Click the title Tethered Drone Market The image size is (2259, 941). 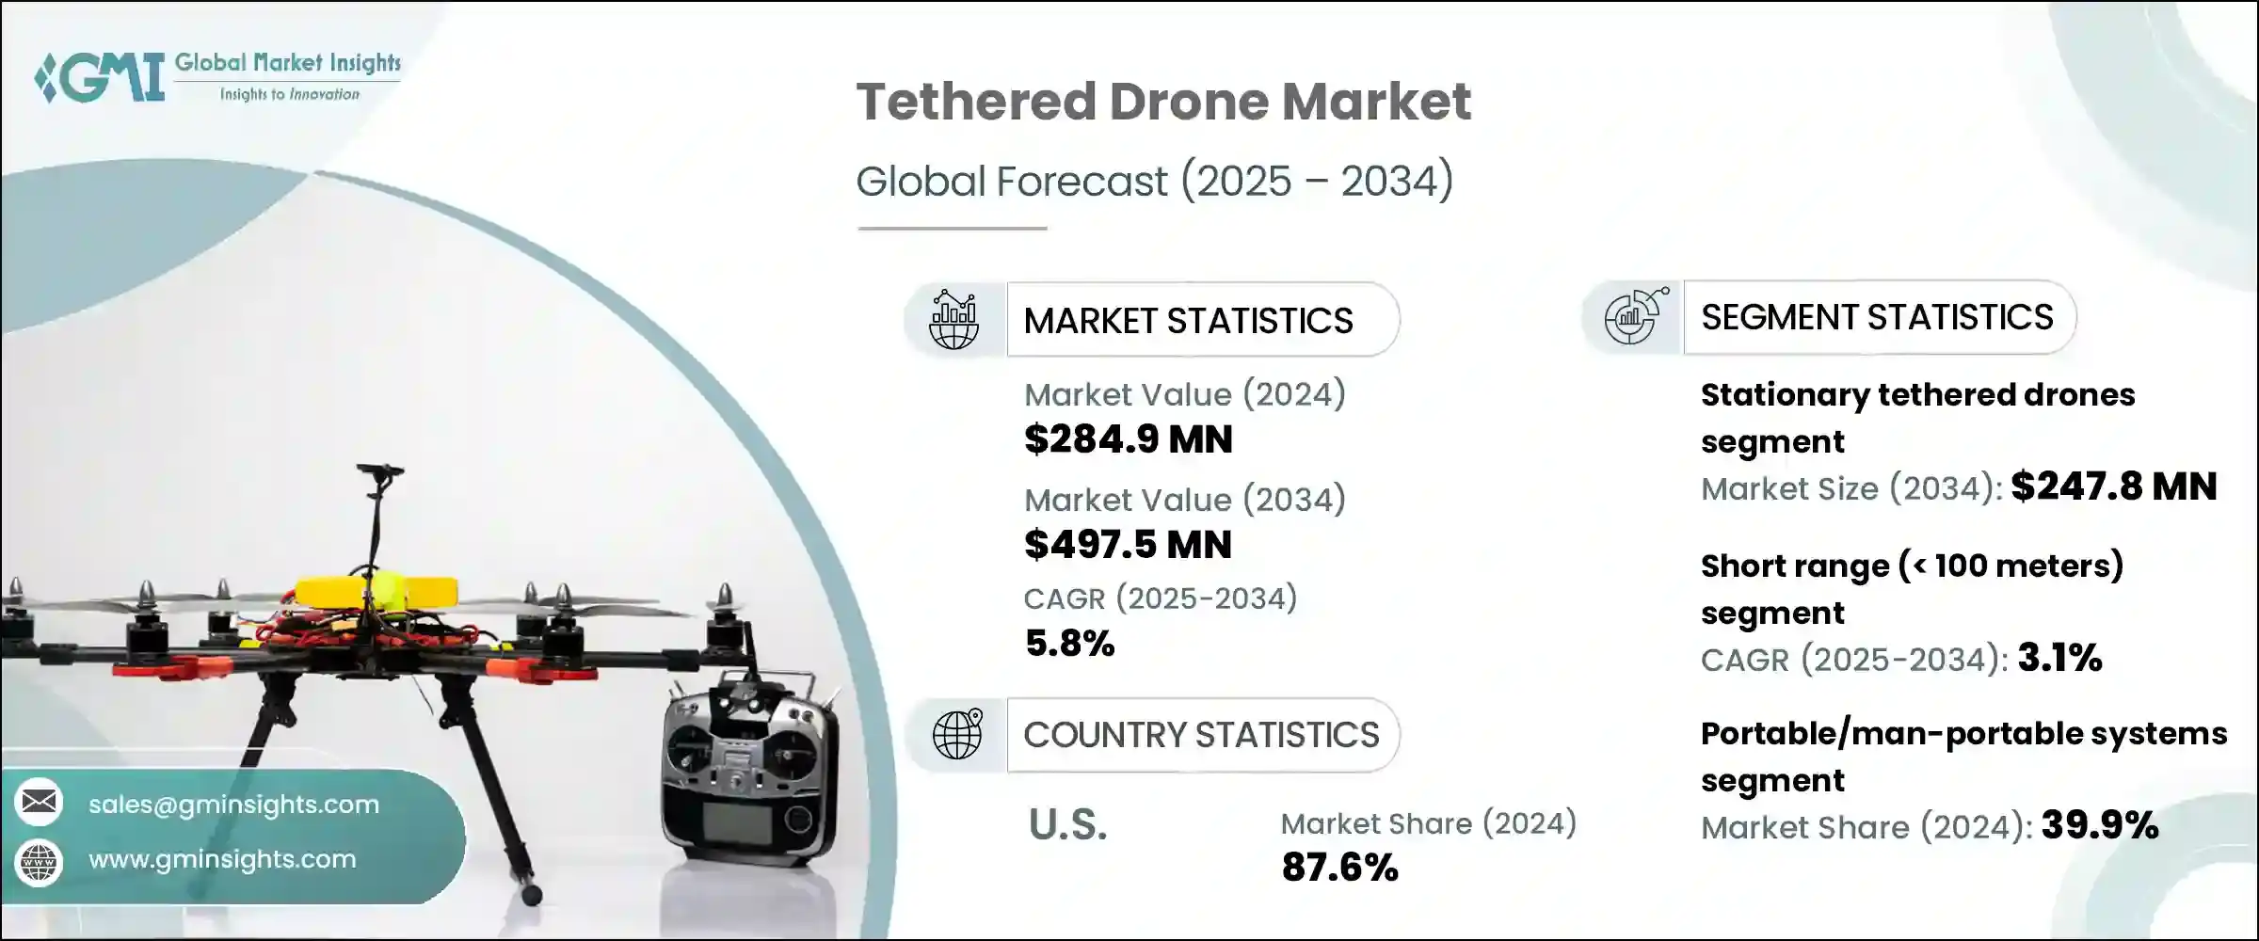[x=1163, y=102]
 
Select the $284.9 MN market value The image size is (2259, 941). [x=1128, y=439]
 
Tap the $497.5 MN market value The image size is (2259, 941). [x=1128, y=545]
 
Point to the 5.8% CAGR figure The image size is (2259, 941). [x=1069, y=644]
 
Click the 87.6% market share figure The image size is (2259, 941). [x=1339, y=868]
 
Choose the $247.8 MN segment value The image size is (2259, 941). [x=2114, y=487]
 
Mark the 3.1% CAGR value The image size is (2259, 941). [x=2059, y=659]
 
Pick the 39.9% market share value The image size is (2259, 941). [x=2099, y=826]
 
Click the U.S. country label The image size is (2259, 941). [x=1067, y=825]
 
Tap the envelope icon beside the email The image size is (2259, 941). [x=39, y=803]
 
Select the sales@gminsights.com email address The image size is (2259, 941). [x=233, y=805]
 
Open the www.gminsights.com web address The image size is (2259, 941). [x=222, y=859]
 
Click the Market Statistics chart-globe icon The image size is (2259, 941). [x=953, y=320]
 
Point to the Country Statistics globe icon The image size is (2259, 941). [x=956, y=734]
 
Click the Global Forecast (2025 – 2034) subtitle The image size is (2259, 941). [x=1154, y=181]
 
